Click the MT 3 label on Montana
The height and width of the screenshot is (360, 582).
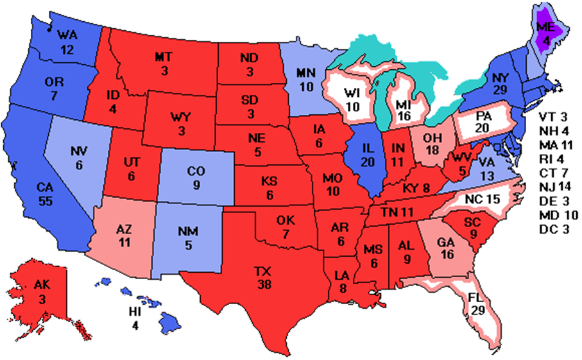pos(162,64)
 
